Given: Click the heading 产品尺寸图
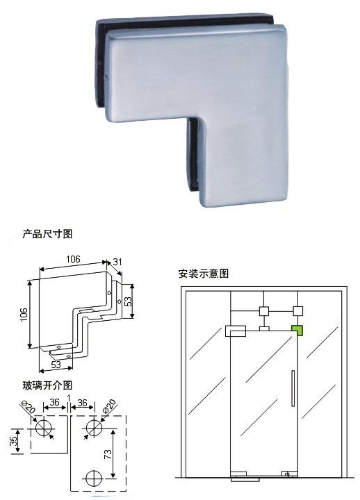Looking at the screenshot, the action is pyautogui.click(x=47, y=234).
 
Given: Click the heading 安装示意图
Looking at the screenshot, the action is pyautogui.click(x=204, y=274).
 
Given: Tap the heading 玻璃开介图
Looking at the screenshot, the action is pyautogui.click(x=47, y=385).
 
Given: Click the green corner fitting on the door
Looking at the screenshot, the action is pyautogui.click(x=297, y=331).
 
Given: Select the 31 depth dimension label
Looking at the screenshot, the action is pyautogui.click(x=117, y=262).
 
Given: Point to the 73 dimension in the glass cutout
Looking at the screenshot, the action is pyautogui.click(x=108, y=453).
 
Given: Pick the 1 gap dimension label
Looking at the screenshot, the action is pyautogui.click(x=69, y=397).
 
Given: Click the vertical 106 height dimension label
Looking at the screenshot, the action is pyautogui.click(x=24, y=315).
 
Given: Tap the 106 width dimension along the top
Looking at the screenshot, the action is pyautogui.click(x=73, y=259).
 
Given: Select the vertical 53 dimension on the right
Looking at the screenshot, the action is pyautogui.click(x=128, y=301).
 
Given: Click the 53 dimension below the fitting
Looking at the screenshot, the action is pyautogui.click(x=56, y=365).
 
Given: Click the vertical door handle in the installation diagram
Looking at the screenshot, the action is pyautogui.click(x=293, y=388).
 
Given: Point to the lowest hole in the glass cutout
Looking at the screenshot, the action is pyautogui.click(x=95, y=478).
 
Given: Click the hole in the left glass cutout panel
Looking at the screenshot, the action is pyautogui.click(x=44, y=427).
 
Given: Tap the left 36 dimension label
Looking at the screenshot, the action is pyautogui.click(x=55, y=402).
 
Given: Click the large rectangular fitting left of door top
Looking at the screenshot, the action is pyautogui.click(x=236, y=331).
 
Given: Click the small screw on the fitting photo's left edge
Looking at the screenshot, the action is pyautogui.click(x=106, y=76).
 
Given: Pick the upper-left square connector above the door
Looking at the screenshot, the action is pyautogui.click(x=264, y=311).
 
